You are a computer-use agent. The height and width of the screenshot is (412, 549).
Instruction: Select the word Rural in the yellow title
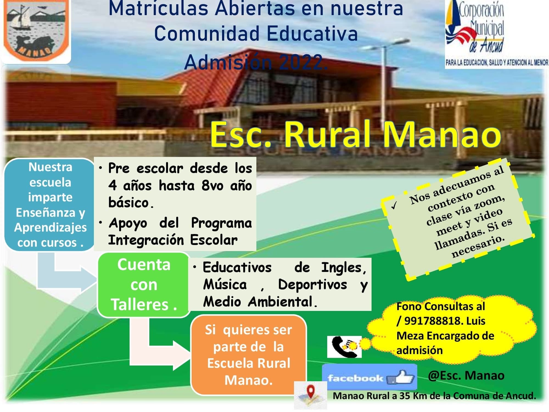click(330, 135)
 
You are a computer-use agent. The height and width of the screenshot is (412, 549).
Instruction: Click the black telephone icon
click(344, 347)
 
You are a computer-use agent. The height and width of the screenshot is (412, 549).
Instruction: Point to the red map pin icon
click(310, 391)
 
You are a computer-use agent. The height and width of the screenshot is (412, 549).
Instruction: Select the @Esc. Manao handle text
click(466, 375)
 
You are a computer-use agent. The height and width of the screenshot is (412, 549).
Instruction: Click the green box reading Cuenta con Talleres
click(144, 285)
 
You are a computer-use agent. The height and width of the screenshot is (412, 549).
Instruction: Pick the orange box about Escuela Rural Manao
click(248, 355)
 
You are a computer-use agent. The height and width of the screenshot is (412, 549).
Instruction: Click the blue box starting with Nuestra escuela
click(50, 205)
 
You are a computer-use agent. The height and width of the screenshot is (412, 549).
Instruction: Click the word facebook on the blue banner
click(355, 378)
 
